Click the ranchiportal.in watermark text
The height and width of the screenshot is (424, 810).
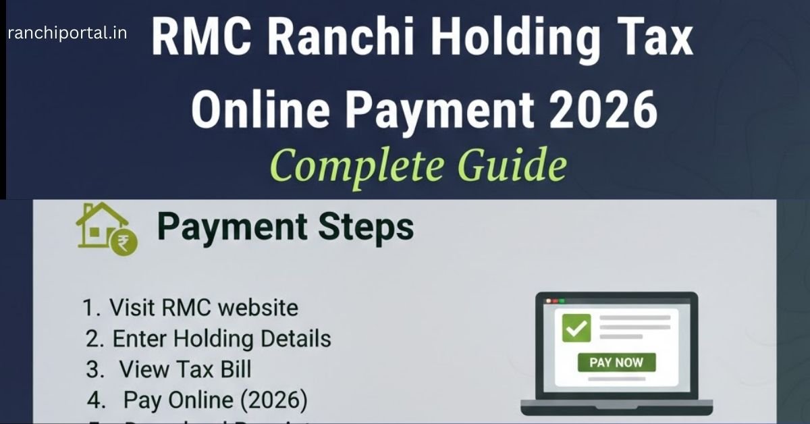(67, 32)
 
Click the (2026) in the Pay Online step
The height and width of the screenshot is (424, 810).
(274, 401)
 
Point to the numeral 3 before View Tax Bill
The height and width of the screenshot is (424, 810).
(92, 370)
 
